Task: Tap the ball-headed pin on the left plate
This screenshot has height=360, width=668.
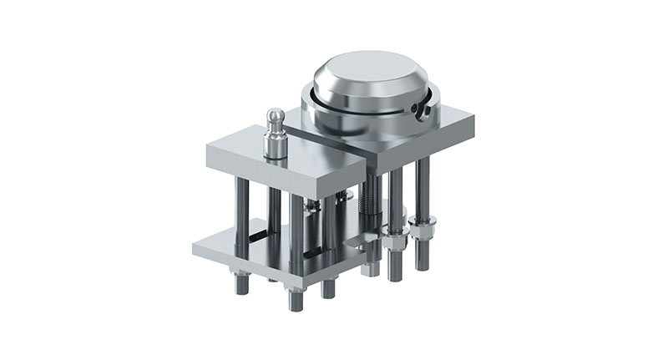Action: [x=276, y=118]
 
